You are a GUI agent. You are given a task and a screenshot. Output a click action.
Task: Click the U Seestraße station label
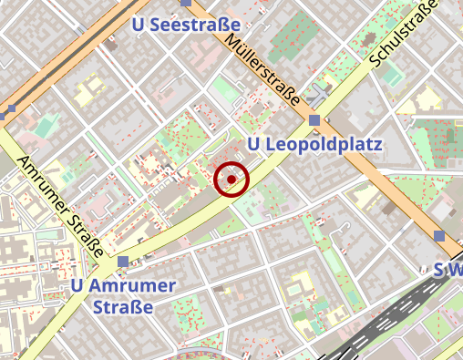click(x=186, y=25)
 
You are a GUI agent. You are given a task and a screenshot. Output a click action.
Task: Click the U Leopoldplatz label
click(x=314, y=145)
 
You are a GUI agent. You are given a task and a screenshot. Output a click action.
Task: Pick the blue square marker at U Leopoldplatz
click(x=314, y=120)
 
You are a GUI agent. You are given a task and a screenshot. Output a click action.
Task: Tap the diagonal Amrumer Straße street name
click(x=59, y=202)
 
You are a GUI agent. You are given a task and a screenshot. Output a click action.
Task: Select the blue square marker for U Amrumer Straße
click(x=123, y=262)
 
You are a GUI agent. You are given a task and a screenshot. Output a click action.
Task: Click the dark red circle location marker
click(x=231, y=180)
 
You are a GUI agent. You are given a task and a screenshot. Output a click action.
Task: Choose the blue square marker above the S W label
click(x=439, y=236)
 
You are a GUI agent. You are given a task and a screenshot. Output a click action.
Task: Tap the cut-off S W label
click(x=447, y=270)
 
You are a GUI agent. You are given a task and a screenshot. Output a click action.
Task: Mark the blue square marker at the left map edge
click(x=10, y=113)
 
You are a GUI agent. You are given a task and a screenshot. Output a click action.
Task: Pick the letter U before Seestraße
click(x=139, y=25)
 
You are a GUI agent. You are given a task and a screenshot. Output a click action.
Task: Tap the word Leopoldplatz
click(x=324, y=145)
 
